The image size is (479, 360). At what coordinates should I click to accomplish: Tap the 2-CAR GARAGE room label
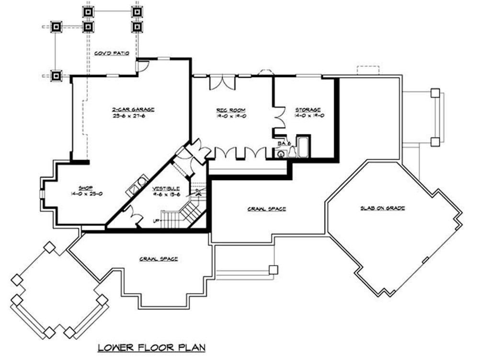[x=127, y=109]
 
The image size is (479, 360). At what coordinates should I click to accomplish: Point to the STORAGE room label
[x=308, y=110]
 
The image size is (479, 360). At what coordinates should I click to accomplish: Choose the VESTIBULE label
[x=167, y=188]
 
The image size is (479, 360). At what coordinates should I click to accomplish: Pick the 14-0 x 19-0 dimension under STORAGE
[x=308, y=115]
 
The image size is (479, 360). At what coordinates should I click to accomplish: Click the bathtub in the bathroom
[x=304, y=147]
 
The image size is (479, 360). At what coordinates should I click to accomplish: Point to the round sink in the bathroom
[x=279, y=154]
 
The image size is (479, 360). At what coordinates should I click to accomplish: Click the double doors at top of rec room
[x=222, y=82]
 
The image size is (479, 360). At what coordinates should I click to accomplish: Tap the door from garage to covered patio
[x=142, y=66]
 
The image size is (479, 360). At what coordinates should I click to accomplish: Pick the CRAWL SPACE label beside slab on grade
[x=267, y=209]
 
